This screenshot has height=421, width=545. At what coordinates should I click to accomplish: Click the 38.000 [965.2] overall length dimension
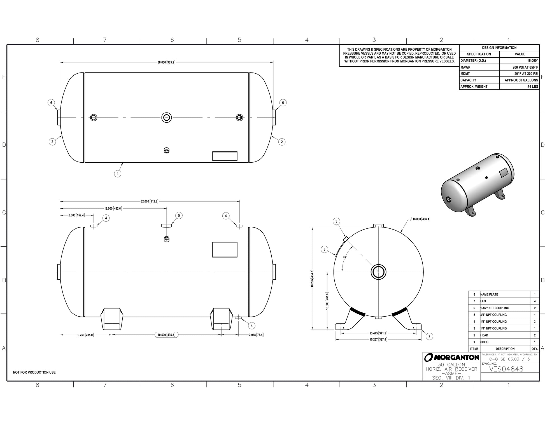166,62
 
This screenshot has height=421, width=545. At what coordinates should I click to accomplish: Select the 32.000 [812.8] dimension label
149,201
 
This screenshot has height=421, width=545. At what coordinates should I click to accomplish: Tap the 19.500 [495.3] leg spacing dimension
166,335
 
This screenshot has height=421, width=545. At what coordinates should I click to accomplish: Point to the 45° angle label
345,257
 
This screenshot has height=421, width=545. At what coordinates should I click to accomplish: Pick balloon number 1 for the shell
117,174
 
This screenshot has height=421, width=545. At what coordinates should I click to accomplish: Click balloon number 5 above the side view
179,215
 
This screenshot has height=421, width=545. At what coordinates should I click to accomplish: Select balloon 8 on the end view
324,249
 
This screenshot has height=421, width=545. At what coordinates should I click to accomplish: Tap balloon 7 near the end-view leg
429,336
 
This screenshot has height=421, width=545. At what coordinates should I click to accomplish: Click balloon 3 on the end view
337,221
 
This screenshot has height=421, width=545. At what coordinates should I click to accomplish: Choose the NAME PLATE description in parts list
489,294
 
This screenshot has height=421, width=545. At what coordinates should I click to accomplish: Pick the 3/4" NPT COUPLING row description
493,315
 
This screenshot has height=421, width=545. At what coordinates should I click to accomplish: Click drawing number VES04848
506,369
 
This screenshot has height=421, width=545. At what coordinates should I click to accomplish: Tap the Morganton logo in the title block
451,357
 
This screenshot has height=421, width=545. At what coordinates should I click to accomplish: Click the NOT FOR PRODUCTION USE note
34,372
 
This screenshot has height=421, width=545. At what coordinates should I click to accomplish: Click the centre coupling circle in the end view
378,272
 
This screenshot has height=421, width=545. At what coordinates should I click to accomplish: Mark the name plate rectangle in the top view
225,156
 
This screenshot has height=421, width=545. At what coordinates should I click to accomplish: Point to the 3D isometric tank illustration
478,185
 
